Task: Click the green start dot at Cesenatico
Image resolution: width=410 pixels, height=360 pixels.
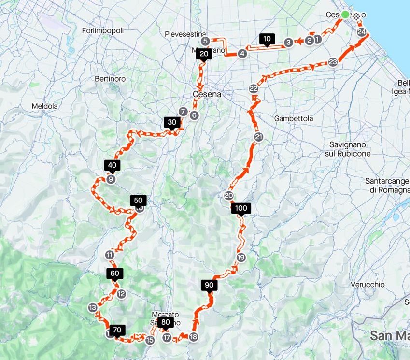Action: click(x=345, y=14)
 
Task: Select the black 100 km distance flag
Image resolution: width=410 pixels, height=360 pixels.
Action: click(x=241, y=209)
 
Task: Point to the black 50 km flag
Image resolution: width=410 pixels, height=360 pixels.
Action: click(x=138, y=201)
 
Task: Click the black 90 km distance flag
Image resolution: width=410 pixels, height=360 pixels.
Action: click(x=209, y=285)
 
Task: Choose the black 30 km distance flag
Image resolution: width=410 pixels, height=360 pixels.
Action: click(x=172, y=122)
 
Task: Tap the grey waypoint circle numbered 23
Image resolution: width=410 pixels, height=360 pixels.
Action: click(x=333, y=62)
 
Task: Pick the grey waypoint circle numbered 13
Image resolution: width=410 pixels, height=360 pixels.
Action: click(x=93, y=307)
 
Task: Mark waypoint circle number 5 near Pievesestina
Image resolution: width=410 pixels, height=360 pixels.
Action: click(x=205, y=42)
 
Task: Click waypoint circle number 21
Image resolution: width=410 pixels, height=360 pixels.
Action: click(x=259, y=138)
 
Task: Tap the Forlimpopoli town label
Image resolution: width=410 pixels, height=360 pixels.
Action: click(x=103, y=30)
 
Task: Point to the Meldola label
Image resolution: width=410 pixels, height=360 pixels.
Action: click(x=44, y=106)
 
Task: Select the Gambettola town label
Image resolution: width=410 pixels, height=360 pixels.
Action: click(x=294, y=118)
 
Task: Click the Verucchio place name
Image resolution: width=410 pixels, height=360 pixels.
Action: click(x=368, y=284)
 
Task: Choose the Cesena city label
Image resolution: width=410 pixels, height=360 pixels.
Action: click(x=207, y=94)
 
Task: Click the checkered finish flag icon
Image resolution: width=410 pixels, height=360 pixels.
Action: click(x=356, y=15)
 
